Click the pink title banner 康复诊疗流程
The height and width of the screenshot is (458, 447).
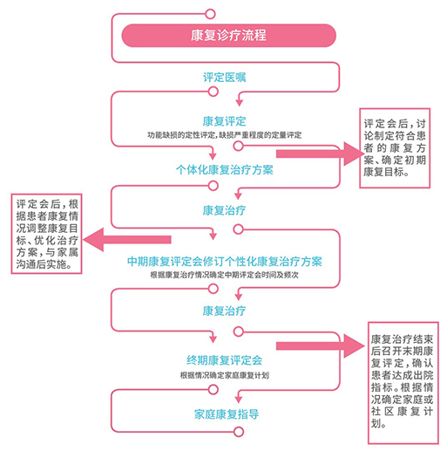coord(229,36)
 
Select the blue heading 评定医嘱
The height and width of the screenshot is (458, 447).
coord(225,78)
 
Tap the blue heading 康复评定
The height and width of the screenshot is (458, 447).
coord(225,121)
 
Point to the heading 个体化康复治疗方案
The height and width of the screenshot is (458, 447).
coord(225,170)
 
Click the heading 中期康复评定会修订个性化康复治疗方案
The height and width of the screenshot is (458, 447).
coord(225,262)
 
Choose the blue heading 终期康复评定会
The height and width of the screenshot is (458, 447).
coord(225,360)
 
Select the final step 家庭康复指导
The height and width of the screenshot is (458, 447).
coord(227,414)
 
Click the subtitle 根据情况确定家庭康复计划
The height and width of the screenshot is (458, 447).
coord(225,375)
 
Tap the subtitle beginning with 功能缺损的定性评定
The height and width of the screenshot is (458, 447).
coord(225,135)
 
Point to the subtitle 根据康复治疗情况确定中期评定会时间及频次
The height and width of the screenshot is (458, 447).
coord(225,275)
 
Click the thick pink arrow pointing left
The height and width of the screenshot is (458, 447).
coord(127,240)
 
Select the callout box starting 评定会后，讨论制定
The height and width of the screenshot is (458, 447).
coord(395,147)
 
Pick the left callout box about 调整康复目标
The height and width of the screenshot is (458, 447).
coord(46,234)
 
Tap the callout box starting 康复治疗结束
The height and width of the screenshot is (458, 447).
coord(403,383)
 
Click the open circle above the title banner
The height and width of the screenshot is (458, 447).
coord(210,14)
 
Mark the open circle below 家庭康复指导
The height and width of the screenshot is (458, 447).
coord(239,432)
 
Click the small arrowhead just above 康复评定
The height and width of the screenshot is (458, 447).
coord(240,103)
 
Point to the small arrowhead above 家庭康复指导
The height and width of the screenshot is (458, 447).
coord(239,400)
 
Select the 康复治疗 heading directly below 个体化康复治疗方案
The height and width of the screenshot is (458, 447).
coord(225,210)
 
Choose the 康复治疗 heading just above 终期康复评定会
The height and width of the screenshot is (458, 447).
coord(225,311)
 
